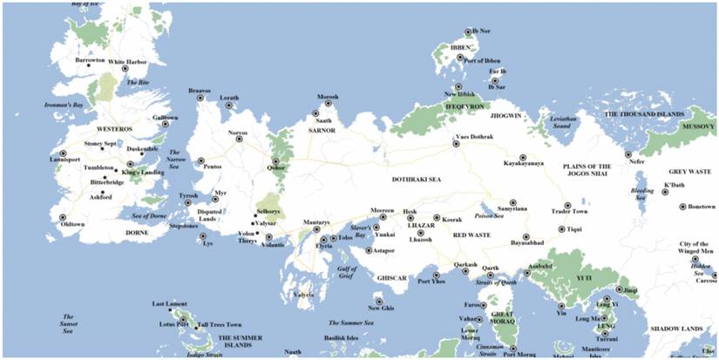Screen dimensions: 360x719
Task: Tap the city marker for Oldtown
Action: coord(63,217)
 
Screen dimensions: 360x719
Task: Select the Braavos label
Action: coord(200,90)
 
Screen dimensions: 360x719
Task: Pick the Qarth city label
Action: coord(491,268)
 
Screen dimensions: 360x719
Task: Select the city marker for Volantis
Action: coord(269,237)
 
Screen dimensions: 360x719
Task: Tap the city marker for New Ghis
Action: coord(379,302)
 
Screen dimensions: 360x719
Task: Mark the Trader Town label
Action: coord(572,212)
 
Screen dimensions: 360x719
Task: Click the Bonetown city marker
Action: coord(682,207)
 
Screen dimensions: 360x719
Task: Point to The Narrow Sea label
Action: coord(181,156)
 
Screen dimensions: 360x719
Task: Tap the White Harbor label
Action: coord(127,62)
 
